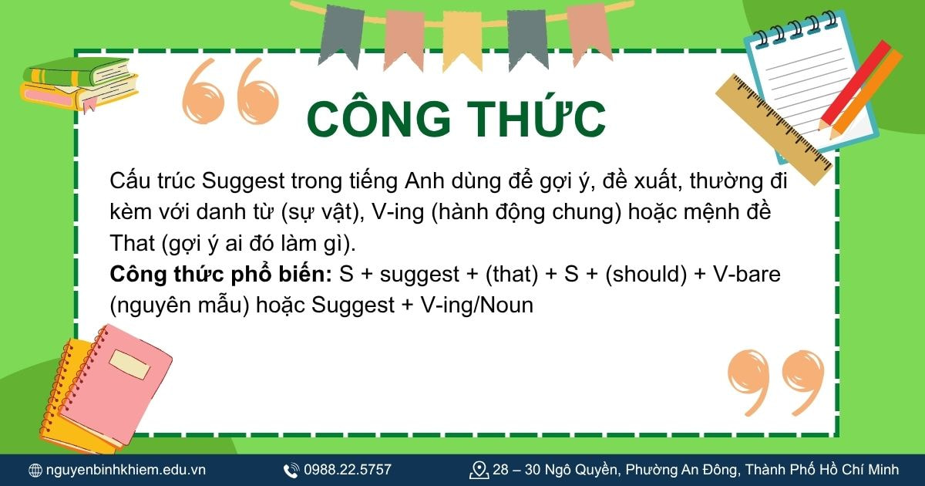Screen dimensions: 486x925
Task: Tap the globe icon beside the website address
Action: pyautogui.click(x=35, y=470)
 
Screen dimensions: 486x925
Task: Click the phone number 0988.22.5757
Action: pyautogui.click(x=348, y=470)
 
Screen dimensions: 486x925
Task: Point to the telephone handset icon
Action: pyautogui.click(x=291, y=470)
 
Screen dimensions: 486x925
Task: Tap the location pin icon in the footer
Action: pyautogui.click(x=479, y=470)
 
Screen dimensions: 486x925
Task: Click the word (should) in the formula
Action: pyautogui.click(x=646, y=275)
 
